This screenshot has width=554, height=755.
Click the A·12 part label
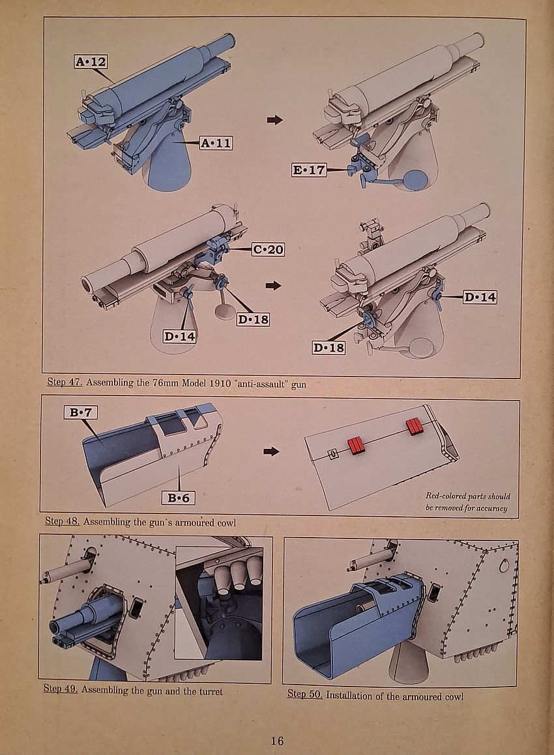91,62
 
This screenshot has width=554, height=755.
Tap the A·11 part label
215,143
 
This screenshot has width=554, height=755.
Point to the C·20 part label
268,249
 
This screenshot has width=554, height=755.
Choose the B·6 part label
179,498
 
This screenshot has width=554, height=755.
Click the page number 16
277,741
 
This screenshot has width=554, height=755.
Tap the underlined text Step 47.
65,383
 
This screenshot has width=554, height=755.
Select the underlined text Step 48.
63,521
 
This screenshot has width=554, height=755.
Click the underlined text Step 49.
61,690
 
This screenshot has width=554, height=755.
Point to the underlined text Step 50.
305,695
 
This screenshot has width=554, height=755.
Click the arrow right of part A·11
275,119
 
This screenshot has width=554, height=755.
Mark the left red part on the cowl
356,446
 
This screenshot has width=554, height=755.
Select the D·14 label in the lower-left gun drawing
180,337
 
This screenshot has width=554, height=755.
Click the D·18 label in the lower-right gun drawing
328,347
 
